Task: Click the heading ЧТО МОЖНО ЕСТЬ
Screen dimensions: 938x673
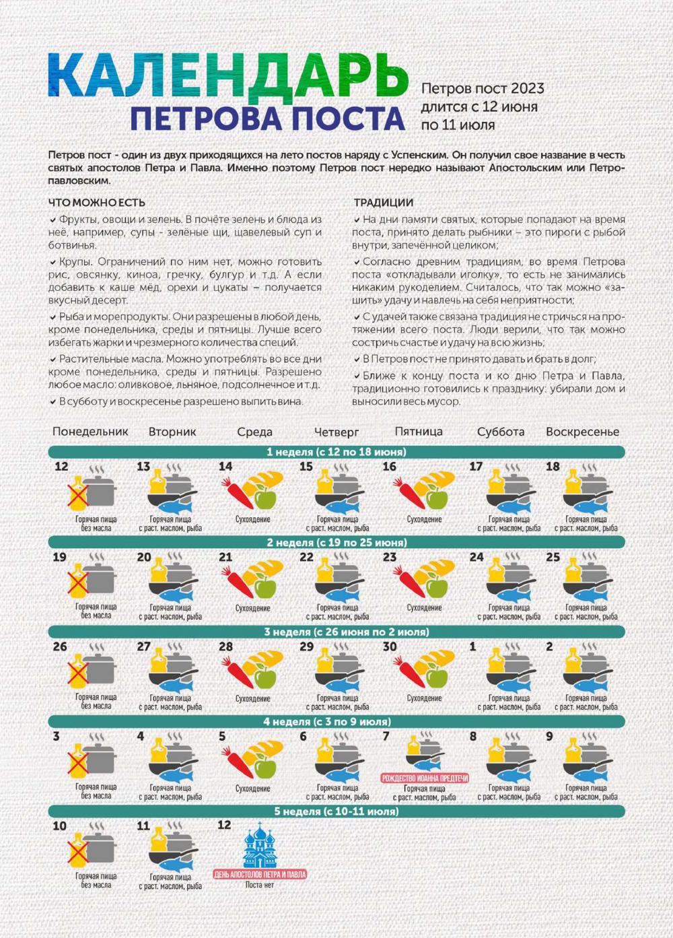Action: pyautogui.click(x=97, y=203)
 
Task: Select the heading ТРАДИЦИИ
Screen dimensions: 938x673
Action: pyautogui.click(x=384, y=203)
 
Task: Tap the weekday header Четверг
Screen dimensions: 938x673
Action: pyautogui.click(x=336, y=432)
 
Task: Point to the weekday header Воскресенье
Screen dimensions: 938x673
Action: pyautogui.click(x=582, y=432)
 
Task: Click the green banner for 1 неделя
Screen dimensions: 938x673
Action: pyautogui.click(x=336, y=452)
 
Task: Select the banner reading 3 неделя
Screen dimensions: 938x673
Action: pyautogui.click(x=336, y=632)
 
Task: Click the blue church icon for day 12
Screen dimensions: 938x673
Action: pyautogui.click(x=259, y=845)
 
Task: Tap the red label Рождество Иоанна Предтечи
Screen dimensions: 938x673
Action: pyautogui.click(x=425, y=778)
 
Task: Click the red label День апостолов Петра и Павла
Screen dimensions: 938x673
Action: pyautogui.click(x=260, y=874)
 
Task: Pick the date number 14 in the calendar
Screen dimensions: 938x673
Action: pyautogui.click(x=225, y=467)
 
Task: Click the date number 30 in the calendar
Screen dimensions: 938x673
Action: pyautogui.click(x=389, y=646)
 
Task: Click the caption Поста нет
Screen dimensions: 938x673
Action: pyautogui.click(x=260, y=884)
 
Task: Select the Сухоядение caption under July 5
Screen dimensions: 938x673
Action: pyautogui.click(x=253, y=789)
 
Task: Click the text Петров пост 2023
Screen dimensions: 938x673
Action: pyautogui.click(x=483, y=89)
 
